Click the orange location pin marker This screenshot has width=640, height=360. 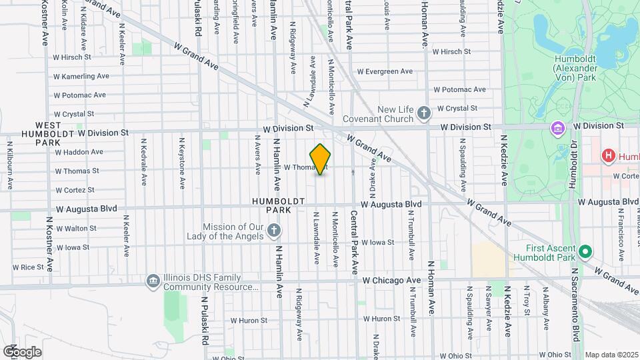[x=321, y=159]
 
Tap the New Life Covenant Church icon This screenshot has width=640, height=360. [x=423, y=114]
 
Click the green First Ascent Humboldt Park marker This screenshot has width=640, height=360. [x=585, y=251]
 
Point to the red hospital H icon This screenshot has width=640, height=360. [x=608, y=156]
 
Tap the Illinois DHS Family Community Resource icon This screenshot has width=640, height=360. [x=153, y=281]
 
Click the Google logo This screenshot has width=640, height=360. [x=22, y=351]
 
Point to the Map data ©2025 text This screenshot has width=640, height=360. [x=609, y=355]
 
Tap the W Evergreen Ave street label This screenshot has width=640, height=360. [x=385, y=71]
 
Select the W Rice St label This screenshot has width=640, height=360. [x=37, y=267]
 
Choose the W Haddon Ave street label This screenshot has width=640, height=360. [x=79, y=151]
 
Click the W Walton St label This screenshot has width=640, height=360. [x=76, y=228]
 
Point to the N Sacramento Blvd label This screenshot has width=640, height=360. [x=574, y=306]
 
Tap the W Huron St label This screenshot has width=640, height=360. [x=381, y=319]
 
